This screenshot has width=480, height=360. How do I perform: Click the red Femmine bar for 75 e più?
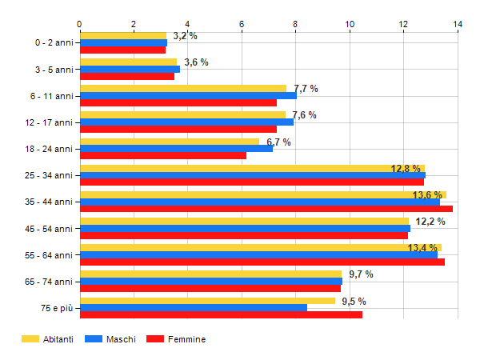tap(221, 314)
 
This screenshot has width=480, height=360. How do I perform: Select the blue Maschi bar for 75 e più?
tap(194, 307)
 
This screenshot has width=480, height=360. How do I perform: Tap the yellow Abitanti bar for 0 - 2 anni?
tap(123, 35)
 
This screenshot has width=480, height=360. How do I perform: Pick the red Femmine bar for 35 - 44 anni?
tap(266, 209)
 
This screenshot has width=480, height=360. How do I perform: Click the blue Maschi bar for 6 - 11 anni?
tap(188, 95)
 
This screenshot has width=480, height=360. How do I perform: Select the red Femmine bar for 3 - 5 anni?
tap(127, 76)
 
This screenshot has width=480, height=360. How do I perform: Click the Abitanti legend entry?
tap(47, 339)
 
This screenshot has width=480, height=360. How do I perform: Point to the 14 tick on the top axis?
tap(458, 24)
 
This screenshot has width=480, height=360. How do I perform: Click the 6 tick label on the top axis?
tap(242, 24)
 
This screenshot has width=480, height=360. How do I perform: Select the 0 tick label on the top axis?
tap(80, 24)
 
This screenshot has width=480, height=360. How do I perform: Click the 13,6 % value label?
tap(427, 195)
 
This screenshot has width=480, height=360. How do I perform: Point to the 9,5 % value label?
tap(354, 302)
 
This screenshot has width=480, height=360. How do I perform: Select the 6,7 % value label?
tap(278, 142)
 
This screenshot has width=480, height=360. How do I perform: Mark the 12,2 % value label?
tap(430, 222)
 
